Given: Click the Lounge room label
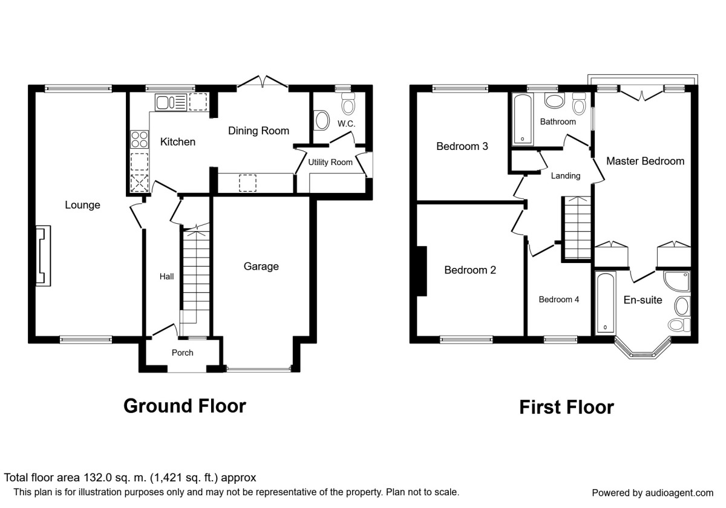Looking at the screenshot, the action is (82, 205).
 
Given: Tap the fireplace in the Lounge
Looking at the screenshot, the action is (43, 256).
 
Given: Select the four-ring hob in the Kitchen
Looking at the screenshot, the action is (139, 139).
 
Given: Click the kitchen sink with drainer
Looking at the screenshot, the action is (171, 103).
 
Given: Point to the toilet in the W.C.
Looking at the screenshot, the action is (348, 103).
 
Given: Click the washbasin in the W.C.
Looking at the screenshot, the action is (321, 120).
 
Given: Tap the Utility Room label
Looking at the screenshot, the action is (330, 162).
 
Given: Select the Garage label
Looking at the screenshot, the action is (261, 266).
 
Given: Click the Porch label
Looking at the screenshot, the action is (183, 353).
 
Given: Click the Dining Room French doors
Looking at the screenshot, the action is (263, 82).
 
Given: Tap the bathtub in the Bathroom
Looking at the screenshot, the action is (523, 119).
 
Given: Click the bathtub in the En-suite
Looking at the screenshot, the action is (606, 302).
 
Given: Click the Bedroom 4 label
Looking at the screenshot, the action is (559, 300).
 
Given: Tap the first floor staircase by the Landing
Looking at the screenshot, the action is (576, 228).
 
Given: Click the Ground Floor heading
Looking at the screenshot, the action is (185, 406).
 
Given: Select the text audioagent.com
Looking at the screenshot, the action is (679, 493).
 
